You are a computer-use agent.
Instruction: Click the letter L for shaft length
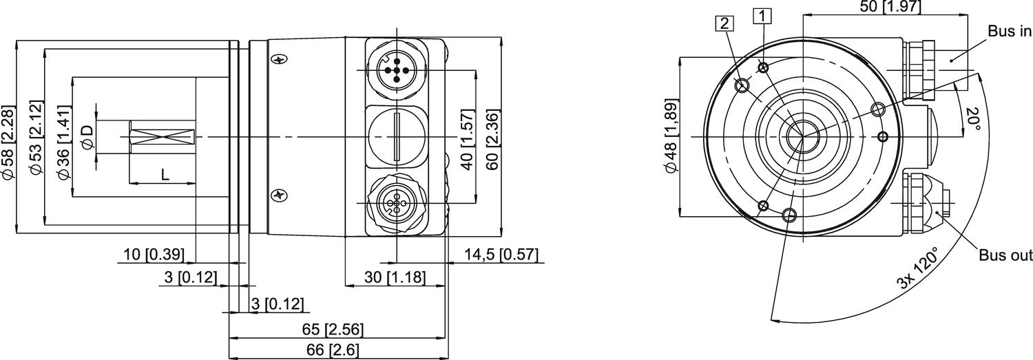click(164, 176)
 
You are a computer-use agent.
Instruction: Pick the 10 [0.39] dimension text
click(154, 255)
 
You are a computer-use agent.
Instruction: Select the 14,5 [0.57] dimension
click(501, 255)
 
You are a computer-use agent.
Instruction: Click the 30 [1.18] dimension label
click(385, 278)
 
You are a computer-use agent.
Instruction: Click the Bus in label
click(1010, 31)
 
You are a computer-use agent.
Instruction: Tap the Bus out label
click(1006, 255)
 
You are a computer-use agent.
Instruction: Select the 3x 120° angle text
click(917, 270)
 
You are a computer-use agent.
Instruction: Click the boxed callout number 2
click(724, 23)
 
